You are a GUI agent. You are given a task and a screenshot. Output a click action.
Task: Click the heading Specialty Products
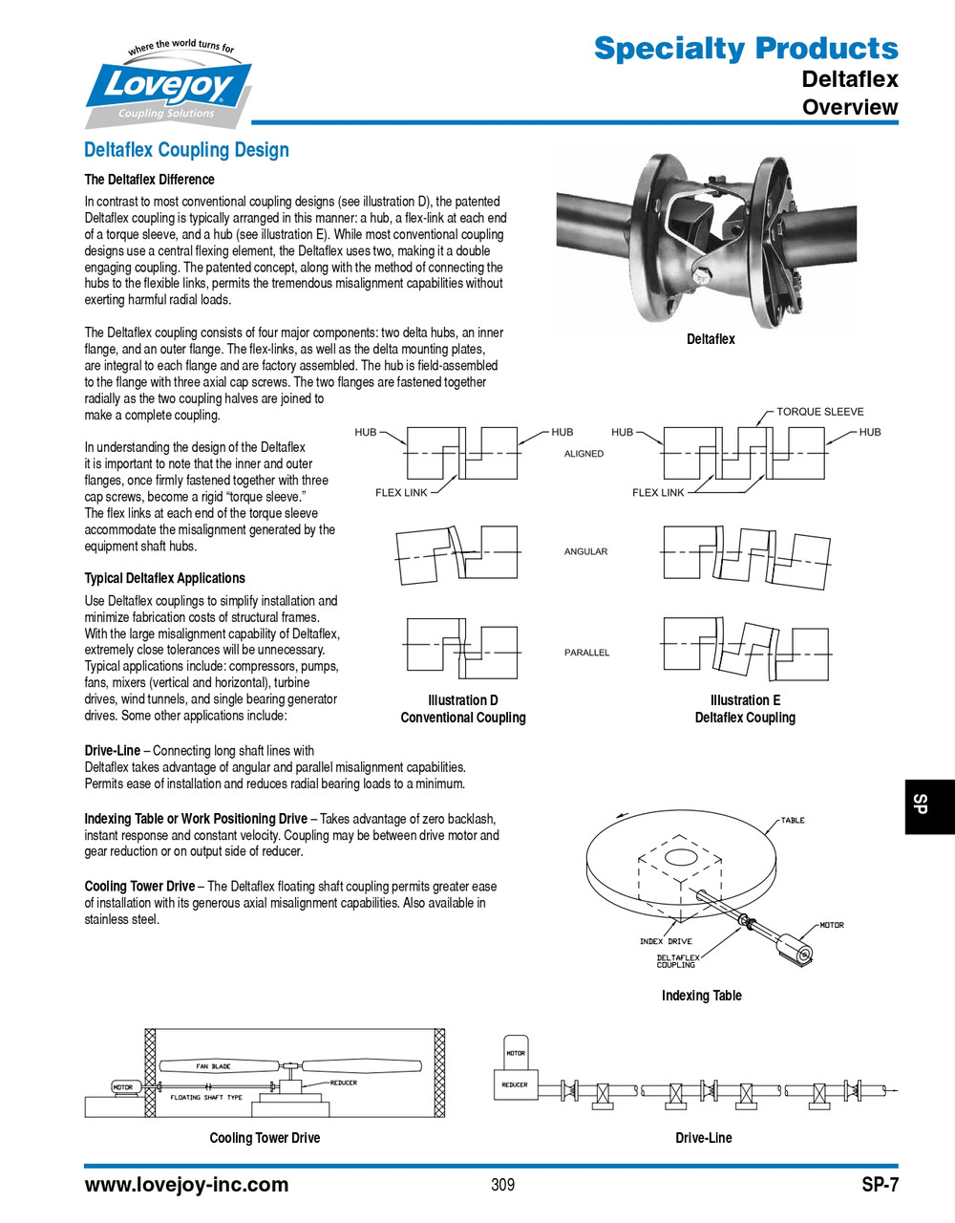(x=745, y=48)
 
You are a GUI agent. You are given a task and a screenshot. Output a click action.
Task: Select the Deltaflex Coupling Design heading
(x=186, y=150)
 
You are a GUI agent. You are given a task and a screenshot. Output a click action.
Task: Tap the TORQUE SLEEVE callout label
(x=819, y=412)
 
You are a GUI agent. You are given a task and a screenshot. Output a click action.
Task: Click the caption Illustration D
(x=462, y=700)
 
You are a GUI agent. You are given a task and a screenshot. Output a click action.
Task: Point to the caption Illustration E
(x=745, y=700)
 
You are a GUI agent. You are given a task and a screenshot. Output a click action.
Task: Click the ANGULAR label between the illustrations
(x=585, y=552)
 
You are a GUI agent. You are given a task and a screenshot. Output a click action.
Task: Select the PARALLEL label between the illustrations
(x=586, y=653)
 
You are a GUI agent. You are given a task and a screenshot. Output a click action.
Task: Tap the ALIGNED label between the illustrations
(x=584, y=454)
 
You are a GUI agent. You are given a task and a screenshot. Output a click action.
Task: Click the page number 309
(x=502, y=1185)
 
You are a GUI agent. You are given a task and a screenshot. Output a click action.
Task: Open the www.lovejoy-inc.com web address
(x=186, y=1185)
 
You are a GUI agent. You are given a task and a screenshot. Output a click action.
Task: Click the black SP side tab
(x=929, y=805)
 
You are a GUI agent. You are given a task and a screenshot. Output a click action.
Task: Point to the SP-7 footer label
(x=879, y=1185)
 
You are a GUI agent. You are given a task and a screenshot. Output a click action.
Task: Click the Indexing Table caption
(x=701, y=996)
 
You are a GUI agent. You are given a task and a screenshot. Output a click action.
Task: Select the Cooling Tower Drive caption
(x=265, y=1138)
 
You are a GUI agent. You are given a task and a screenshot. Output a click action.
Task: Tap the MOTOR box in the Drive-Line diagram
(x=515, y=1053)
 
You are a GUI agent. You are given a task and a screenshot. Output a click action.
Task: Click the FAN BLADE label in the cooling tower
(x=213, y=1066)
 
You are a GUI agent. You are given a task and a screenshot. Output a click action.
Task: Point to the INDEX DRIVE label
(x=666, y=942)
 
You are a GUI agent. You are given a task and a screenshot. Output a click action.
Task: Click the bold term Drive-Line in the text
(x=112, y=751)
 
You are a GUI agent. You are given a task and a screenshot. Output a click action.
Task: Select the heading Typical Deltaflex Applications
(x=164, y=578)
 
